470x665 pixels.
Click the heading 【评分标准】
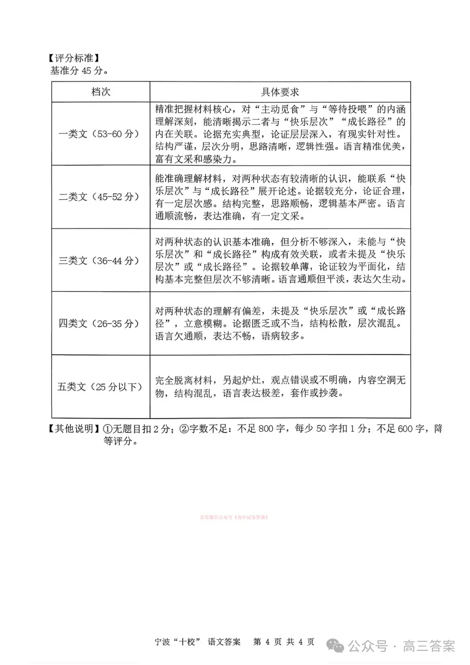tap(73, 59)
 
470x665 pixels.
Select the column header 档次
tap(101, 92)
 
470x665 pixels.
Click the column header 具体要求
tap(280, 92)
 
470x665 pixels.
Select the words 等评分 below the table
tap(119, 441)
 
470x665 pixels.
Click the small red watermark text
tap(235, 517)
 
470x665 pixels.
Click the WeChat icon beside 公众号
tap(338, 646)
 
